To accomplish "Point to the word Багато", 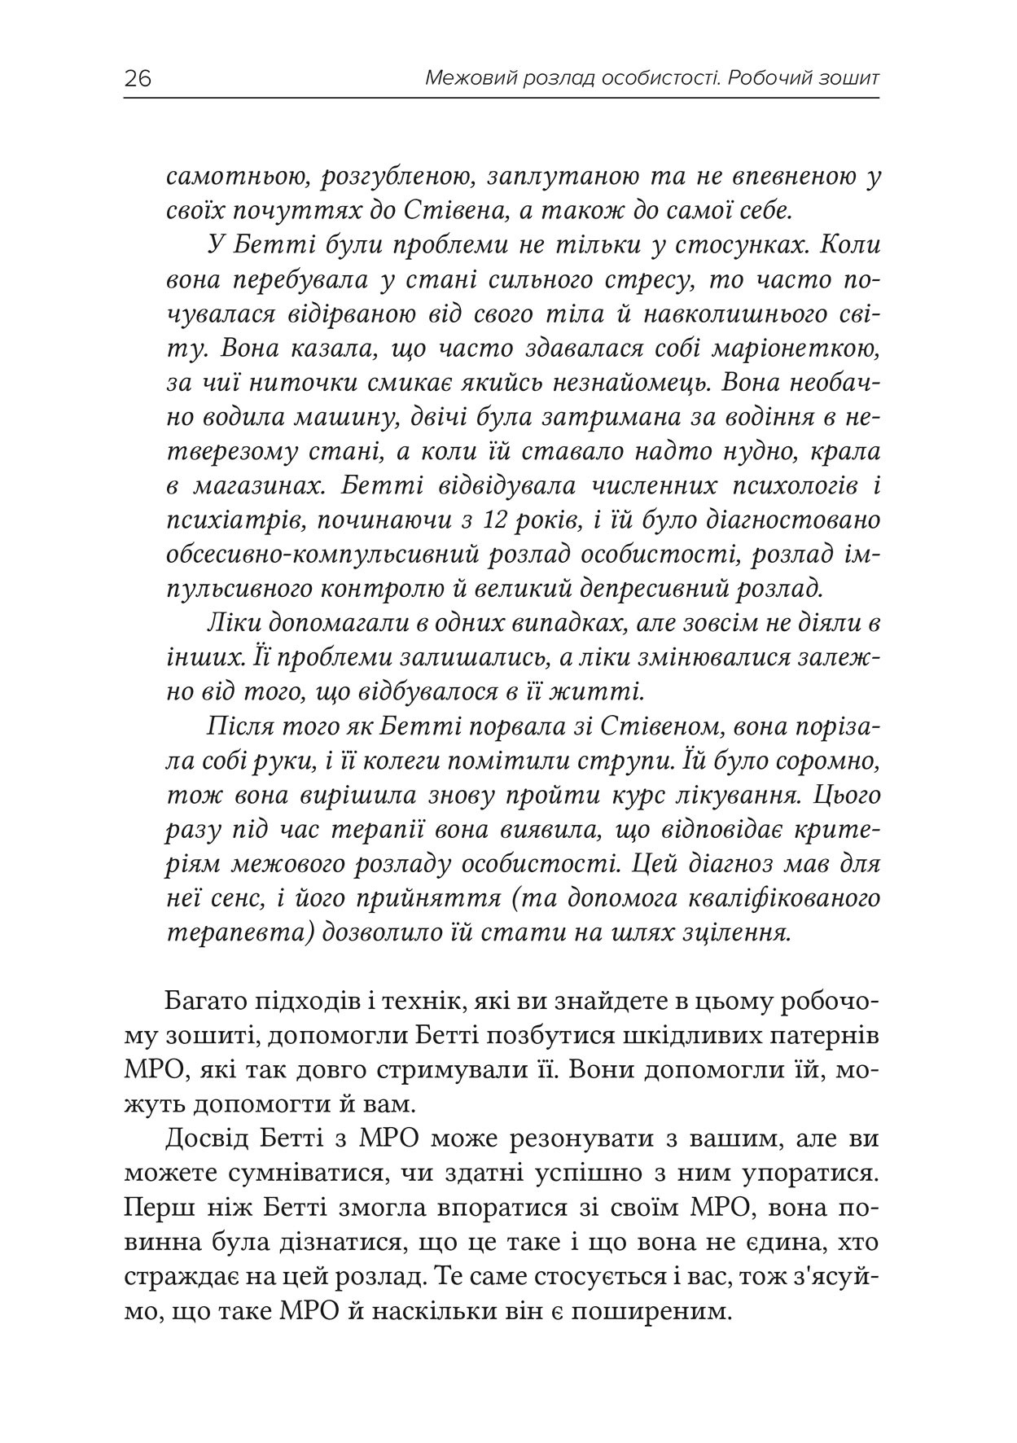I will (x=204, y=1002).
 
